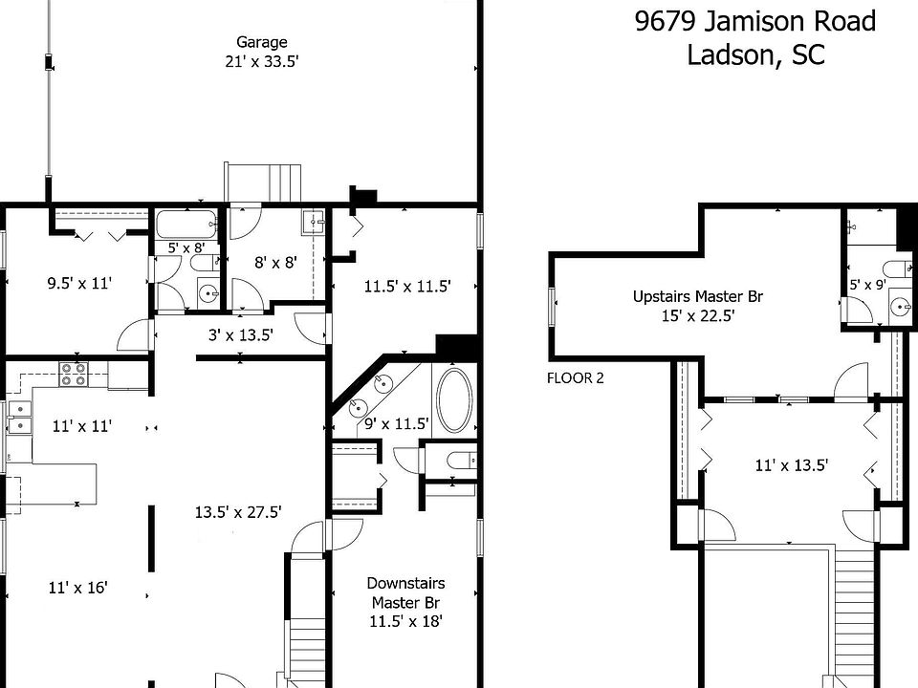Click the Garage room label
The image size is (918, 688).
click(x=262, y=42)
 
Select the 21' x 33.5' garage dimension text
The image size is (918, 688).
click(x=262, y=61)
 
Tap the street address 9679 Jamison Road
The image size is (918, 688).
click(x=755, y=21)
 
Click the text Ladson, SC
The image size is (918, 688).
click(x=755, y=54)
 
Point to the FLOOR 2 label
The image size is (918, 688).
click(x=575, y=377)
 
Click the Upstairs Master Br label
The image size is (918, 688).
click(x=697, y=296)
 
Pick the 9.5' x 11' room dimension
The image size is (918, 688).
click(x=79, y=283)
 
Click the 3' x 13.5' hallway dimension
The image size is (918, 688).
click(x=241, y=334)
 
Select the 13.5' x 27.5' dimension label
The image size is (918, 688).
click(x=238, y=511)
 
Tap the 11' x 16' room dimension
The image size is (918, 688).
click(x=77, y=588)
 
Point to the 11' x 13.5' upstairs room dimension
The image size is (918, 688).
click(x=791, y=465)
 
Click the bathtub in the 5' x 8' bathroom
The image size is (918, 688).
click(x=186, y=226)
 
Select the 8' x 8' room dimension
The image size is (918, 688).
click(x=273, y=263)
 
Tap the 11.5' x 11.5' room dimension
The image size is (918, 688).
click(x=407, y=285)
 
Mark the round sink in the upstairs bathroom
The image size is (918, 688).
click(x=898, y=307)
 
